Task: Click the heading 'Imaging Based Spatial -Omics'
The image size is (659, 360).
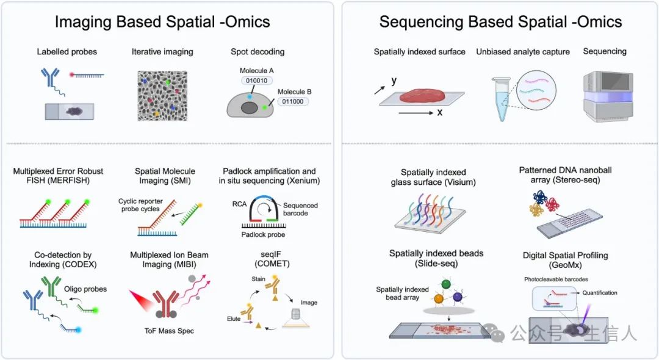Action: coord(162,23)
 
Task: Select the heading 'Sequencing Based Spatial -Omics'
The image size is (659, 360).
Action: coord(500,23)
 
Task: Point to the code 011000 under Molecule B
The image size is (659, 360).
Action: coord(295,102)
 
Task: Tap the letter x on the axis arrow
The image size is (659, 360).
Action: coord(439,112)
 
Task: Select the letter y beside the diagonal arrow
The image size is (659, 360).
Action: coord(394,81)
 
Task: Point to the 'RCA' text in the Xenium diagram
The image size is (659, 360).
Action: coord(239,204)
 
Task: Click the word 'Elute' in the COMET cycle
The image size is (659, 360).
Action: coord(233,318)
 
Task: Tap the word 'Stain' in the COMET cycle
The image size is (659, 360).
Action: coord(259,278)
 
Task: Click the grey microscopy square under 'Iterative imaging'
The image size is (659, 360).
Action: coord(162,92)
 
